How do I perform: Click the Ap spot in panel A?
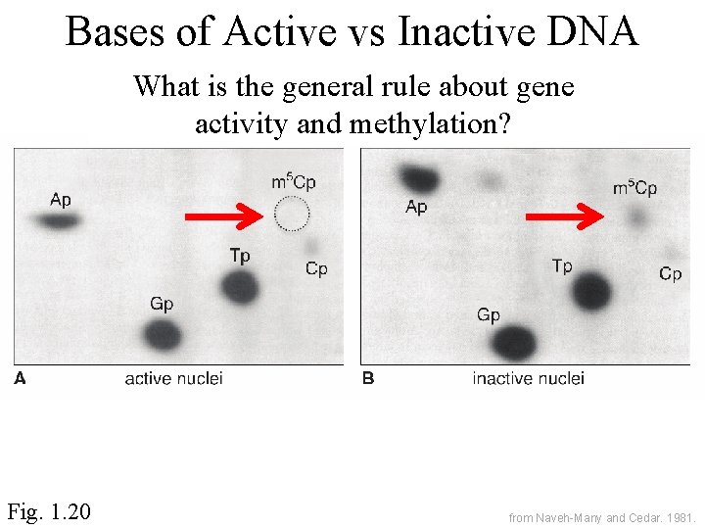click(x=60, y=221)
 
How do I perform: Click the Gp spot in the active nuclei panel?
click(x=163, y=335)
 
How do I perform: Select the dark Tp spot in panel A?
click(x=239, y=287)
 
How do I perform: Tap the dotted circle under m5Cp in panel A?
click(x=291, y=213)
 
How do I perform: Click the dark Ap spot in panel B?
click(x=419, y=179)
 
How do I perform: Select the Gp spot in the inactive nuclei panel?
click(x=514, y=343)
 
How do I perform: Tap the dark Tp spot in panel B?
click(x=591, y=291)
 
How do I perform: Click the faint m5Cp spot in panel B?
click(x=637, y=217)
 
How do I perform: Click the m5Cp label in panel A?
click(x=293, y=182)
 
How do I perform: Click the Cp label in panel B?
click(x=670, y=274)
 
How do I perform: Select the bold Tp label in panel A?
click(x=240, y=256)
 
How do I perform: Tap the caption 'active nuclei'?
click(x=173, y=378)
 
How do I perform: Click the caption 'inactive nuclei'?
click(x=528, y=378)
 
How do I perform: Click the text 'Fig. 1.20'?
click(x=49, y=510)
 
